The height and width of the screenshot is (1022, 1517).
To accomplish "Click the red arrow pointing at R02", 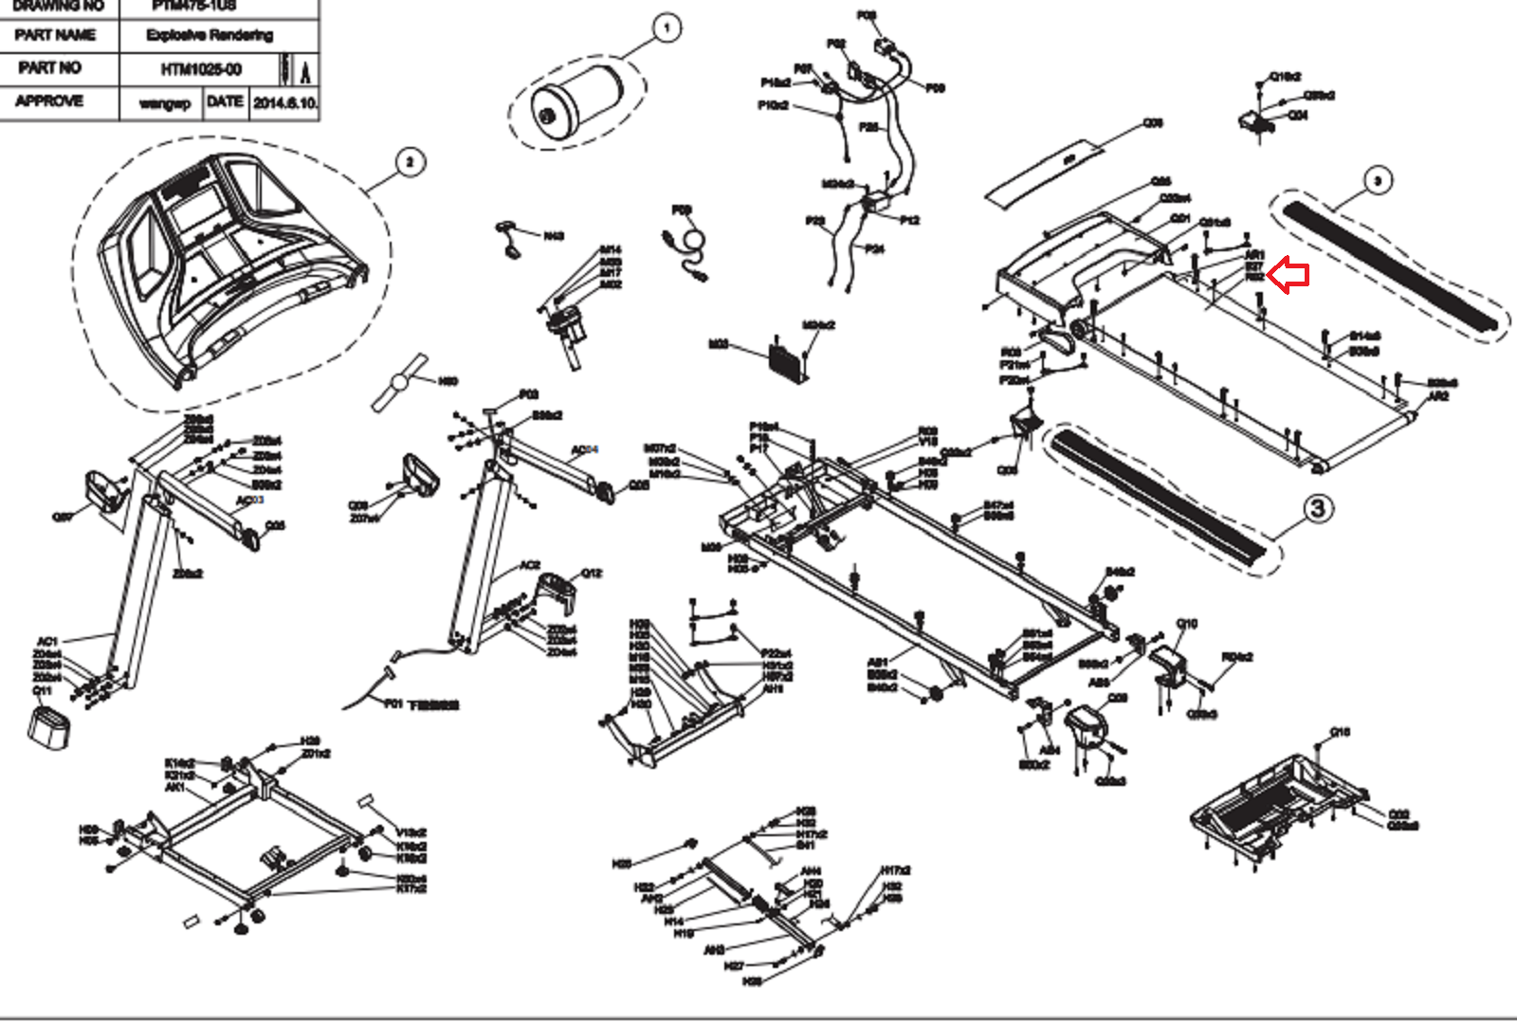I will coord(1289,277).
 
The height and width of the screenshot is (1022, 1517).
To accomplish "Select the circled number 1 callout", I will coord(667,28).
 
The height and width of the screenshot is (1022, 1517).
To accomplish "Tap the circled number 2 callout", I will coord(409,162).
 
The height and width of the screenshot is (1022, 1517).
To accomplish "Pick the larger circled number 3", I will coord(1317,509).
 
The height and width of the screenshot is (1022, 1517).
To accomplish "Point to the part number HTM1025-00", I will coord(201,69).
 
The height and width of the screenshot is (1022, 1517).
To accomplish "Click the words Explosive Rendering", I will coord(210,35).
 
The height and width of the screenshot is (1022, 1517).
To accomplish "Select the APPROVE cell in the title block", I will coord(49,100).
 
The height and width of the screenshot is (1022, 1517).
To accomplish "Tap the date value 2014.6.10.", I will coord(284,102).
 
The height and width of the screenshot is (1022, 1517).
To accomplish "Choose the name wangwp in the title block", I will coord(164,102).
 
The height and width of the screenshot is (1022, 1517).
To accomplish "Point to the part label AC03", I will coord(249,501).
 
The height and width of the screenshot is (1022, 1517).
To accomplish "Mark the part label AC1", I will coord(47,642).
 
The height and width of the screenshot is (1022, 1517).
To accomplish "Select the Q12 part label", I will coord(591,573).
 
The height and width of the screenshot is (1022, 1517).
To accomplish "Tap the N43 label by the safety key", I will coord(554,236).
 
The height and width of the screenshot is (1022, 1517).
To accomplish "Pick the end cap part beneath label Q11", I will coord(49,726).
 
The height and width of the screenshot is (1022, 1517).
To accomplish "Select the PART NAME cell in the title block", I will coord(55,35).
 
